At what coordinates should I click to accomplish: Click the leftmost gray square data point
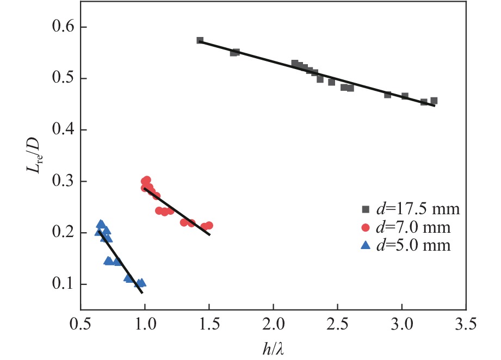pos(200,40)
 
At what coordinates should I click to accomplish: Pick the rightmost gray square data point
pos(434,101)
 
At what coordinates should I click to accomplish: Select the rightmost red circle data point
pos(209,225)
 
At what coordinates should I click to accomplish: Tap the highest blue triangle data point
pos(101,224)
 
